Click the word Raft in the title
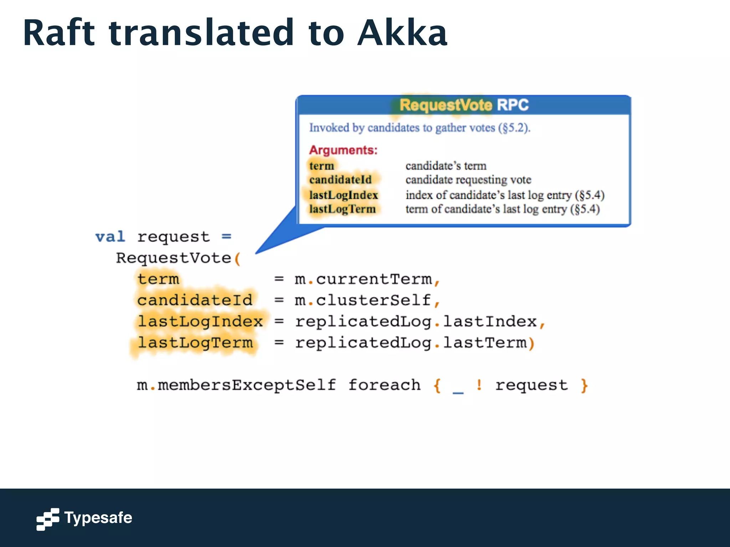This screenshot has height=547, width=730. tap(59, 33)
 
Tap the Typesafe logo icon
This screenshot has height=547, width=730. tap(47, 519)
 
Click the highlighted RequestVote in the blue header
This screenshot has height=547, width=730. tap(446, 105)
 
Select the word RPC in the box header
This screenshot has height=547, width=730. tap(513, 105)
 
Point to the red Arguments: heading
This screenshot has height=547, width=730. tap(343, 150)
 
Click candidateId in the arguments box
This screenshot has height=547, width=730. tap(340, 179)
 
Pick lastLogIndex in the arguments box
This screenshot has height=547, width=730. tap(343, 195)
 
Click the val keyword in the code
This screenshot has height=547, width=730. tap(110, 237)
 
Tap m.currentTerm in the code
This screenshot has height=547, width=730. tap(364, 279)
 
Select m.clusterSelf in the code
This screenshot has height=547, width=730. tap(363, 300)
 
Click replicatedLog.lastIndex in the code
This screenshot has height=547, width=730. tap(416, 322)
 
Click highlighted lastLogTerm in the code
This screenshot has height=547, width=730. tap(195, 343)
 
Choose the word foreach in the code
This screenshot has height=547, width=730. tap(384, 385)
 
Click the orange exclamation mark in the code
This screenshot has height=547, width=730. tap(479, 385)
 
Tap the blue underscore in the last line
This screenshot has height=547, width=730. tap(458, 392)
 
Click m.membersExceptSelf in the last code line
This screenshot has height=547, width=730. tap(236, 385)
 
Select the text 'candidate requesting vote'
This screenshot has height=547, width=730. tap(468, 180)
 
